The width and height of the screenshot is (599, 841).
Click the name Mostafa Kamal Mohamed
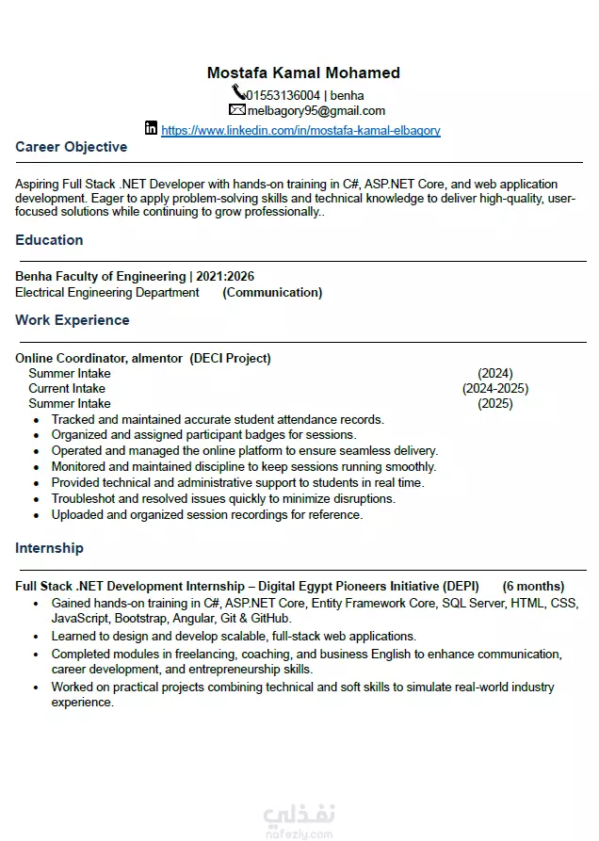[x=303, y=73]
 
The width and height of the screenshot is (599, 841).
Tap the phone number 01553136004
[x=283, y=95]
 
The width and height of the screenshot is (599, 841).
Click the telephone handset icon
[x=238, y=93]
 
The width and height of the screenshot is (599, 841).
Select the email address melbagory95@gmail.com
[x=316, y=111]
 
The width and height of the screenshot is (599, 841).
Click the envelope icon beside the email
[x=236, y=110]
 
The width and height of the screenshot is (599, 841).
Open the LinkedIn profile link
[x=300, y=131]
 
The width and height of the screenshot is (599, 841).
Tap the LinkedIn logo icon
[x=151, y=128]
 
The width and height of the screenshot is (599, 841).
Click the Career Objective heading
[x=72, y=147]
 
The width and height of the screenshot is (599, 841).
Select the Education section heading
[x=49, y=240]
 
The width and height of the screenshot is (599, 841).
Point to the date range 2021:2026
[x=225, y=277]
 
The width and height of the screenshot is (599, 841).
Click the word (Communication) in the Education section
[x=272, y=293]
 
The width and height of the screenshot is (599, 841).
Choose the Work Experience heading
[x=73, y=320]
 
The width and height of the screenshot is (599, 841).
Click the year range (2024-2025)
[x=495, y=388]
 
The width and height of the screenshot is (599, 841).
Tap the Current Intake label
[x=67, y=388]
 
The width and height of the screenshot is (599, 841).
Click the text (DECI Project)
[x=230, y=358]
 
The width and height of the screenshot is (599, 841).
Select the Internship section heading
[x=49, y=548]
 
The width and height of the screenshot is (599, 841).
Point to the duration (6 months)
[x=533, y=586]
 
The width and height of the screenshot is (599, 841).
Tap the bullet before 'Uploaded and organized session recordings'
[x=36, y=515]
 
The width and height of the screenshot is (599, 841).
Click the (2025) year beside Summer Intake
[x=495, y=403]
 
